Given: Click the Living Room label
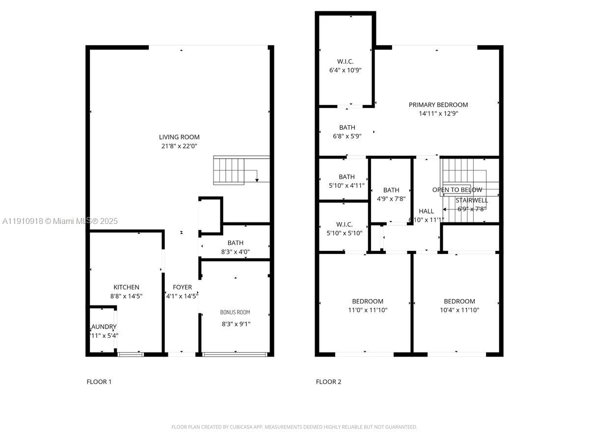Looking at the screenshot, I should (x=179, y=137).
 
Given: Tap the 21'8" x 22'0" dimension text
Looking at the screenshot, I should (x=179, y=146).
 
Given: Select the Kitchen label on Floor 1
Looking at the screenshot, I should (x=126, y=287).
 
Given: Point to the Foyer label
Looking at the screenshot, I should (x=182, y=287).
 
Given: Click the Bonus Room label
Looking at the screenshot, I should (x=235, y=312).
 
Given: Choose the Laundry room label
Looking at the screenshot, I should (x=104, y=327).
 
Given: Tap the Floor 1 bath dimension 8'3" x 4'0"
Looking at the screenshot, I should (x=235, y=251).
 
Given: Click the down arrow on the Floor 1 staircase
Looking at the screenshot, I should (x=257, y=180).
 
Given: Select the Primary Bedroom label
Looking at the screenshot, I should (x=438, y=105).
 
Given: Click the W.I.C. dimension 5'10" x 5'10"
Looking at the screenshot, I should (x=345, y=233).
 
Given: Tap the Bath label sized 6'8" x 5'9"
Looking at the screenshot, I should (x=347, y=128).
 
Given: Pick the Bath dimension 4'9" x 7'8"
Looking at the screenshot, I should (x=391, y=199).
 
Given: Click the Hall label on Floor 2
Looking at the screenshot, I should (x=426, y=211).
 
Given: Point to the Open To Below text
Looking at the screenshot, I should (x=457, y=190).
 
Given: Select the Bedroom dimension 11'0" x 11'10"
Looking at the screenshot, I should (x=368, y=310).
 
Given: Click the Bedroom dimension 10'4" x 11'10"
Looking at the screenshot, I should (x=459, y=310).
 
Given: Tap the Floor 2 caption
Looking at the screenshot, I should (x=328, y=382).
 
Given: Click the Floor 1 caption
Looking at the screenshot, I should (x=99, y=382).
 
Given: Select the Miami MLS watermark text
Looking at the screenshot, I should (x=60, y=221).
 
